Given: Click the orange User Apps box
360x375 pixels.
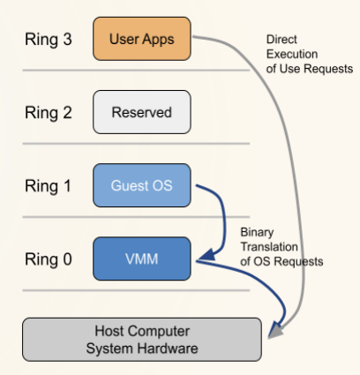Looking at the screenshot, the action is pyautogui.click(x=142, y=39).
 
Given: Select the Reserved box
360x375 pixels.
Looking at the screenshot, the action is pyautogui.click(x=142, y=112).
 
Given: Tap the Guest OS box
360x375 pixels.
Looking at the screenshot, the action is pyautogui.click(x=142, y=185).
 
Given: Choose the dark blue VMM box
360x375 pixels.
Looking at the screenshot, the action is pyautogui.click(x=142, y=259).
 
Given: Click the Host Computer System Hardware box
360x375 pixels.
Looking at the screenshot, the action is pyautogui.click(x=142, y=340).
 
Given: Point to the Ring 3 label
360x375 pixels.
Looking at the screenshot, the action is pyautogui.click(x=49, y=39).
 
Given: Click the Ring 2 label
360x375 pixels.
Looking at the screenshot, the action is pyautogui.click(x=49, y=112).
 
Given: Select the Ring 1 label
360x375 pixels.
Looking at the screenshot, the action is pyautogui.click(x=48, y=186).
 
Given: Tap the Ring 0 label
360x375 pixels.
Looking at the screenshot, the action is pyautogui.click(x=49, y=259).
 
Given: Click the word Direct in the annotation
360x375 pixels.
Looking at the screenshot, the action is pyautogui.click(x=281, y=40).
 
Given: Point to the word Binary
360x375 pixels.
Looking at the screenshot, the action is pyautogui.click(x=257, y=232).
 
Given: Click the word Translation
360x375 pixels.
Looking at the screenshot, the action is pyautogui.click(x=269, y=247).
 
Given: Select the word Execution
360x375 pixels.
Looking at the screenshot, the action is pyautogui.click(x=292, y=54).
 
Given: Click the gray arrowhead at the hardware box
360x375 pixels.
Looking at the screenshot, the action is pyautogui.click(x=275, y=331).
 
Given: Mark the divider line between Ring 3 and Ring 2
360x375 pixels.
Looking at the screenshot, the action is pyautogui.click(x=136, y=71).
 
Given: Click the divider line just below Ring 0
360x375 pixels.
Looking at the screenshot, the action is pyautogui.click(x=136, y=290).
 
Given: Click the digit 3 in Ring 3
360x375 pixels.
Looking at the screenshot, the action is pyautogui.click(x=67, y=39).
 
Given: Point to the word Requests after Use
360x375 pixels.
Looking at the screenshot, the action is pyautogui.click(x=328, y=69).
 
